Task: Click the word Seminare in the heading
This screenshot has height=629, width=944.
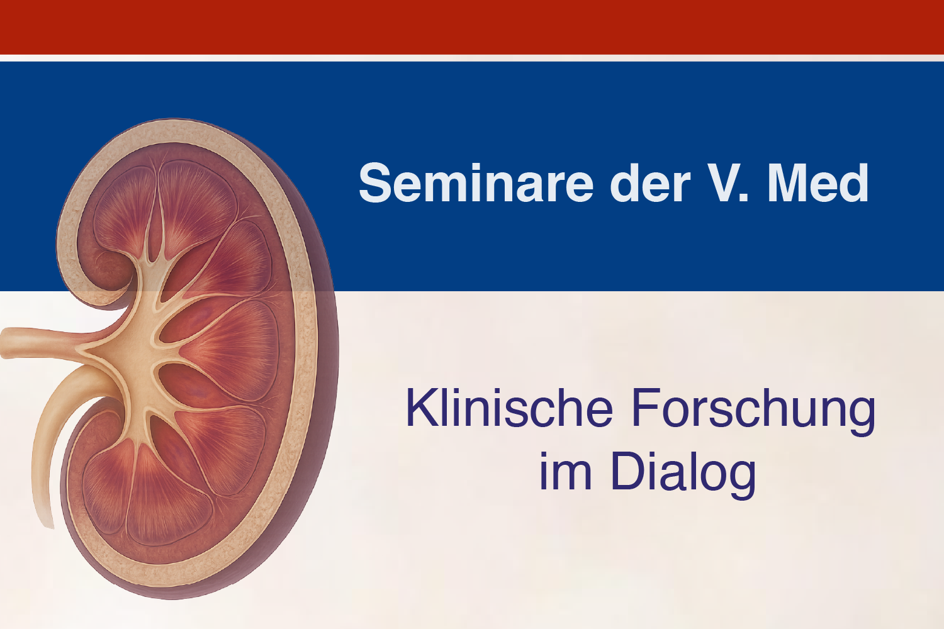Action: click(476, 183)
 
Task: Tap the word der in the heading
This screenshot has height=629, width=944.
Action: click(650, 183)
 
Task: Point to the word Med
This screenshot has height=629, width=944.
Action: click(818, 183)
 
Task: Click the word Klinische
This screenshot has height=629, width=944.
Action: click(509, 408)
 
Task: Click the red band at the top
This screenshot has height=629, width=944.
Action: click(472, 27)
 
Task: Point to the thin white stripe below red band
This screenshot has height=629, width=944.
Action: click(472, 58)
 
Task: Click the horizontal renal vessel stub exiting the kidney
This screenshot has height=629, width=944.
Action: click(42, 343)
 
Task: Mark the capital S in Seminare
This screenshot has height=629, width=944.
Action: click(374, 183)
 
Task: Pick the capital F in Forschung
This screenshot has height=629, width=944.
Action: click(647, 408)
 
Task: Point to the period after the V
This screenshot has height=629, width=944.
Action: click(744, 198)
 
